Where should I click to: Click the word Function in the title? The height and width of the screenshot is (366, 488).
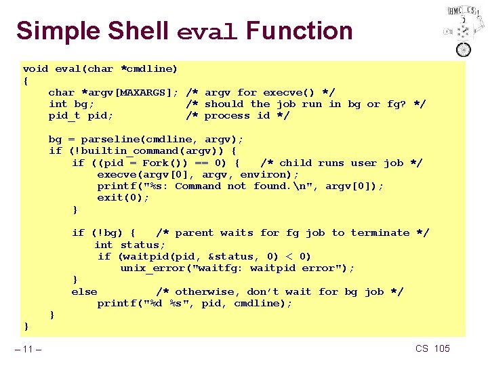(x=300, y=31)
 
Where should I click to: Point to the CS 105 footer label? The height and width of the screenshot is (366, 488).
(x=432, y=348)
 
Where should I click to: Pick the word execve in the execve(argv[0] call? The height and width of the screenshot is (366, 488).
(x=116, y=174)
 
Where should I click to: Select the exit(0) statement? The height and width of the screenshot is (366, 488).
(x=123, y=197)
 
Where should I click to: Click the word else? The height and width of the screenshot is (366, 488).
(x=84, y=291)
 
